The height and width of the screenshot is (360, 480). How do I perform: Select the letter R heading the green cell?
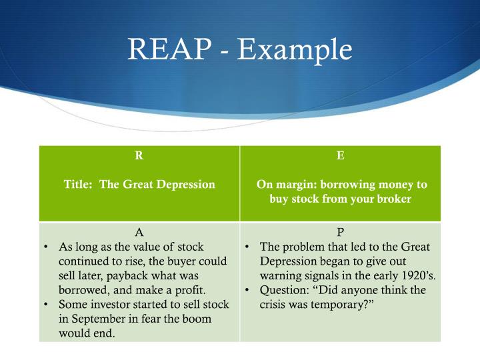tap(139, 156)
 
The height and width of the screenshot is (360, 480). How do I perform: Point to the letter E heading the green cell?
tap(341, 156)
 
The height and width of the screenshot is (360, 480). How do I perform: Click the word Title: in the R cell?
tap(80, 185)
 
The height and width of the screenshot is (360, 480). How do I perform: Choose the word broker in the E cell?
tap(393, 199)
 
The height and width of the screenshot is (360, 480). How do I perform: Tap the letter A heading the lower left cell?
tap(139, 233)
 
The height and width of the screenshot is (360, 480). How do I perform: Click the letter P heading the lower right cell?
tap(341, 233)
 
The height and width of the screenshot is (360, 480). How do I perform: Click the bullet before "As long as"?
tap(45, 247)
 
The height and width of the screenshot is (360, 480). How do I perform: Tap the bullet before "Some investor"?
tap(45, 305)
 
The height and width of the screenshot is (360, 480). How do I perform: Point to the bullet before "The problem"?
tap(246, 247)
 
